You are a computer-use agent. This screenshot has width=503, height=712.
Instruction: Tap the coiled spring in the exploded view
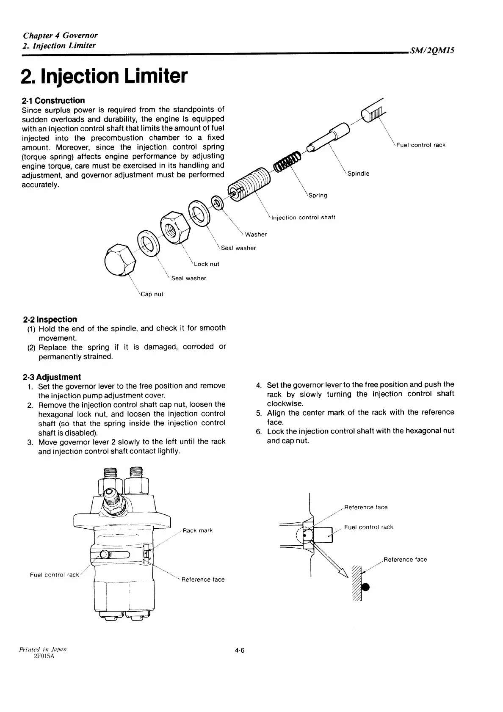(287, 162)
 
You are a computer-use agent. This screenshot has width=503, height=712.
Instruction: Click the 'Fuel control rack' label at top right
(421, 145)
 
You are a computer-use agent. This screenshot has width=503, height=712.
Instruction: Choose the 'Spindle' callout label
(358, 174)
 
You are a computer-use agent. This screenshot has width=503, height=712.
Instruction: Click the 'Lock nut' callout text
(207, 264)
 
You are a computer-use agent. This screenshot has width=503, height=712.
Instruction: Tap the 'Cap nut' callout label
(152, 294)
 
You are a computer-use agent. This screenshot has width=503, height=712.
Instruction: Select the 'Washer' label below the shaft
(256, 235)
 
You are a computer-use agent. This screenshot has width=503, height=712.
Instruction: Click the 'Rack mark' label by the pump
(198, 530)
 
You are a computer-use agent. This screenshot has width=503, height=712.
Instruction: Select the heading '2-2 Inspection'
(50, 319)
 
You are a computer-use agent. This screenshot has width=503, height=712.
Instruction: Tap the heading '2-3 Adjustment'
(51, 377)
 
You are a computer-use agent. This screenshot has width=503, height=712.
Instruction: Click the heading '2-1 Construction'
(53, 100)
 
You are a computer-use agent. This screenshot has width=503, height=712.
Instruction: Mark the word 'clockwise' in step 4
(285, 403)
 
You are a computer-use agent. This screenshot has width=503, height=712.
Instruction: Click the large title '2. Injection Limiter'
(104, 76)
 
